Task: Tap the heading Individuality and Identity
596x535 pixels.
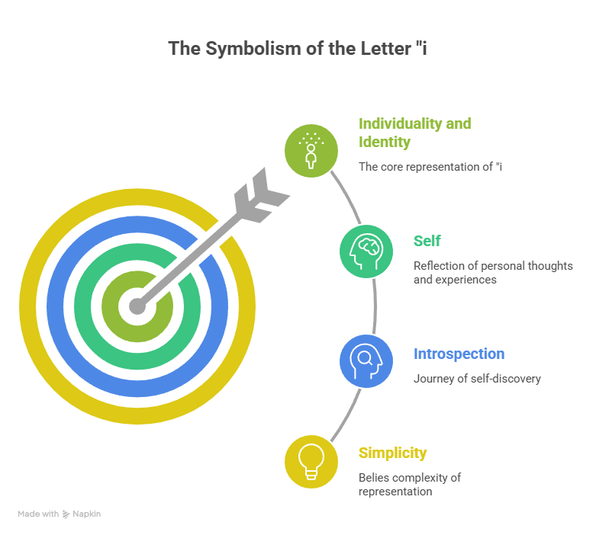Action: coord(414,133)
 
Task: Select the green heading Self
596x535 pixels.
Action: coord(427,241)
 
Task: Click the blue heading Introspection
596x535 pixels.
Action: coord(459,354)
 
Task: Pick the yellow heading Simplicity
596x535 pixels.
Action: coord(392,453)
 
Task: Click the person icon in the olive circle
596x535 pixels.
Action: coord(311,149)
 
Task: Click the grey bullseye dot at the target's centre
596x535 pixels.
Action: coord(137,306)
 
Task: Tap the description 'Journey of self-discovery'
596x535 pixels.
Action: coord(477,379)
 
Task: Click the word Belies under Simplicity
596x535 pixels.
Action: coord(375,478)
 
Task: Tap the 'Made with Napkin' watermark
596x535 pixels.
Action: coord(60,514)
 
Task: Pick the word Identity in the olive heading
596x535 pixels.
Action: coord(385,142)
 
